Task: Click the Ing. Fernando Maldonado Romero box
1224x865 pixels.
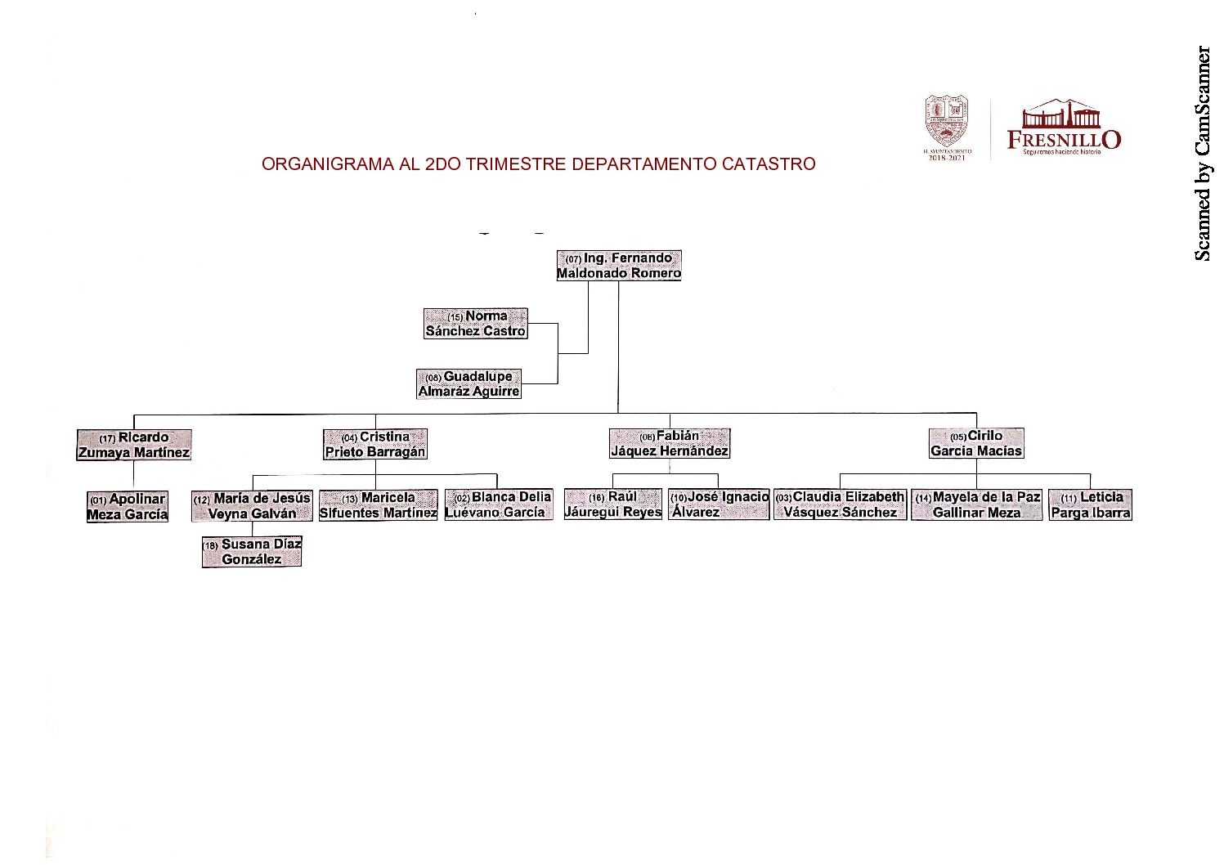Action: coord(619,266)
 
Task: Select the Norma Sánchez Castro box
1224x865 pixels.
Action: coord(476,324)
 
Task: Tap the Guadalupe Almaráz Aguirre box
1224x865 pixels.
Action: coord(469,383)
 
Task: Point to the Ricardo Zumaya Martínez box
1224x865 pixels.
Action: coord(134,445)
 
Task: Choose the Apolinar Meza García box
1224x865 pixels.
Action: coord(128,507)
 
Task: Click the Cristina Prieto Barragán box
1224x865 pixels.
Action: coord(375,445)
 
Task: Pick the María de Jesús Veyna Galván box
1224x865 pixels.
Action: coord(252,506)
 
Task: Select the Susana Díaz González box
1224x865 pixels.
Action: coord(252,552)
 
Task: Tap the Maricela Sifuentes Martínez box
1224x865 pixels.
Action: coord(378,505)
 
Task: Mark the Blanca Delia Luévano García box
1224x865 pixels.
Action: coord(499,504)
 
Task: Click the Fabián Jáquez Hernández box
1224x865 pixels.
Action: coord(670,443)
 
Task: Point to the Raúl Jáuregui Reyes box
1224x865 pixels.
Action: coord(613,504)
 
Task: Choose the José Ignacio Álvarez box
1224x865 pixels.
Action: coord(719,504)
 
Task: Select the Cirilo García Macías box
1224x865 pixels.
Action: coord(976,443)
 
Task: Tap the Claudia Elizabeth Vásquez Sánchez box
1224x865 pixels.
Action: coord(841,504)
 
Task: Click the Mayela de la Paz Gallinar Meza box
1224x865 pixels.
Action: coord(977,505)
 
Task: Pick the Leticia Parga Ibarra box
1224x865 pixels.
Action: coord(1091,505)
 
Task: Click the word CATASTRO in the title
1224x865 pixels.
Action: coord(769,164)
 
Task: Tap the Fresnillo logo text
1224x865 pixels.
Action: coord(1064,139)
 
